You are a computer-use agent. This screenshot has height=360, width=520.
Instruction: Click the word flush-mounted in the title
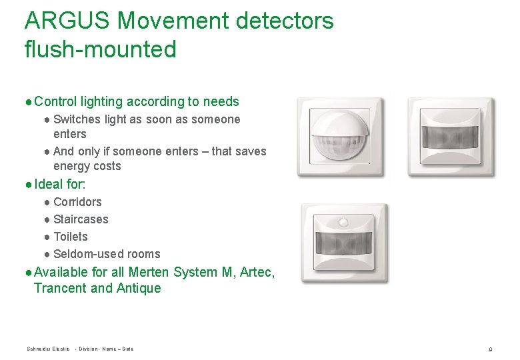(100, 49)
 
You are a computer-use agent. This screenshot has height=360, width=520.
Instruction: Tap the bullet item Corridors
(77, 202)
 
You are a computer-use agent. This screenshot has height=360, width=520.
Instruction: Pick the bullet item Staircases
(81, 219)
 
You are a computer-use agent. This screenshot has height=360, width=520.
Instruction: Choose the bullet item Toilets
(71, 237)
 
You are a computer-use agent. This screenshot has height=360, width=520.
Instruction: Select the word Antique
(139, 288)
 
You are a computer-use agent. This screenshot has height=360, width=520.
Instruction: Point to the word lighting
(102, 102)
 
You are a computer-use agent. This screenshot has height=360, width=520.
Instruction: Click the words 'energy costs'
(87, 166)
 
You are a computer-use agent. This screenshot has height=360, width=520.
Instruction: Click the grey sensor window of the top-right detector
(450, 138)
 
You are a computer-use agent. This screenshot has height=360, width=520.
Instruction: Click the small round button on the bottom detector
(343, 219)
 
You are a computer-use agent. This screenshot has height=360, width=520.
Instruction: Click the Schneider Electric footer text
(48, 349)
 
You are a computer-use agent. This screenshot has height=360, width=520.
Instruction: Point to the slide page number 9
(490, 349)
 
